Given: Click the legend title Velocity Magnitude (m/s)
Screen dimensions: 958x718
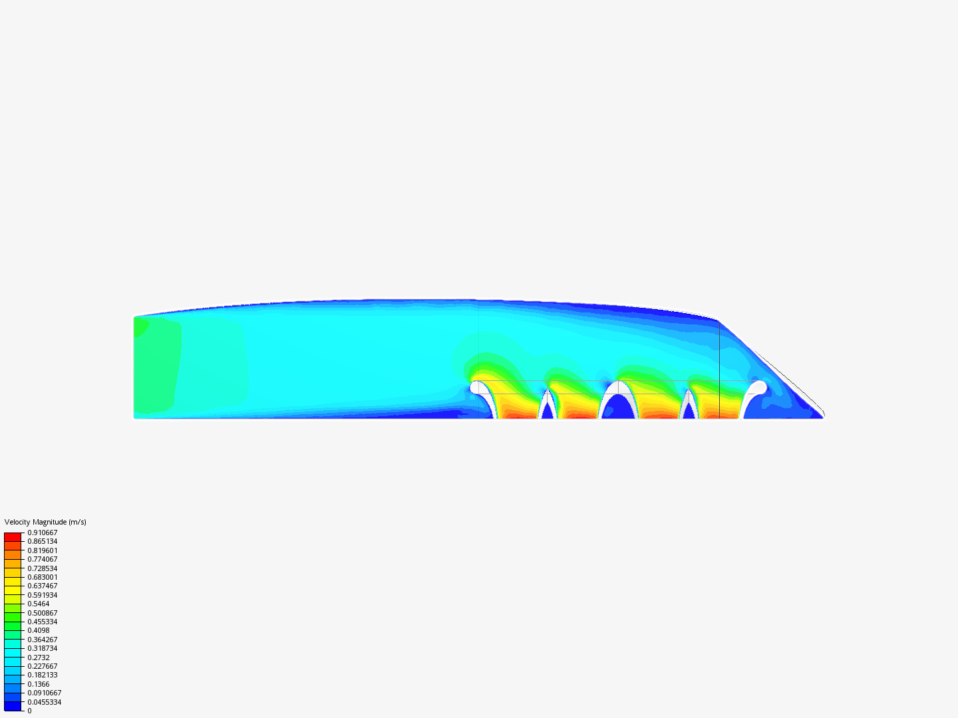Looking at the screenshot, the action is tap(45, 522).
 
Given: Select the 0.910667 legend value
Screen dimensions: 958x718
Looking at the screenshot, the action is tap(43, 533).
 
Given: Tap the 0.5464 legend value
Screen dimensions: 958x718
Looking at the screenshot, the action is tap(39, 604).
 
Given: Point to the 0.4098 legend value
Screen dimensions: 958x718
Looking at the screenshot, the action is tap(39, 630).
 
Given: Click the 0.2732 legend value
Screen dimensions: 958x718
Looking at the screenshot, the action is tap(39, 658).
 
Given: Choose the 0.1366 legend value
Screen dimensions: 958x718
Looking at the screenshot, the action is tap(39, 685).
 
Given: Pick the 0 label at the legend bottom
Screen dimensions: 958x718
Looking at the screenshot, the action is tap(29, 711).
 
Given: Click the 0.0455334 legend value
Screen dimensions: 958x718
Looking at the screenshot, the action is tap(45, 702).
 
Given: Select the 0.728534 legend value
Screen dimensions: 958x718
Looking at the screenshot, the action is tap(43, 568).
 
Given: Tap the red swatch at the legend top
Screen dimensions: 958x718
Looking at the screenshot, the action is tap(13, 537).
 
